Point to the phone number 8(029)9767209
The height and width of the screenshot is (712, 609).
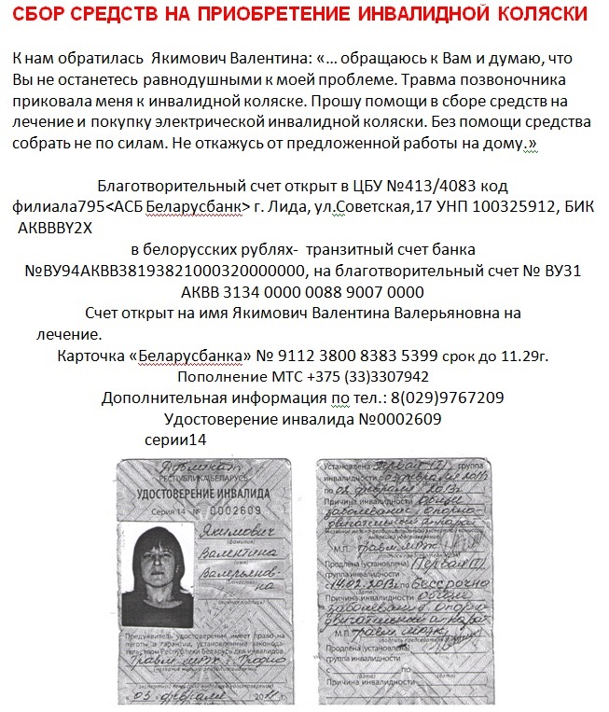click(445, 398)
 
